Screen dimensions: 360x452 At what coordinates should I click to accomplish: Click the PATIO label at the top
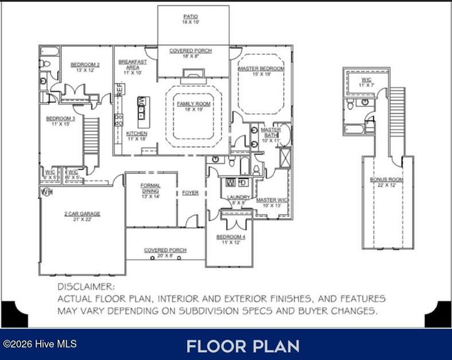tap(191, 17)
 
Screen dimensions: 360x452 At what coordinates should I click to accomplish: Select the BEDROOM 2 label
tap(85, 65)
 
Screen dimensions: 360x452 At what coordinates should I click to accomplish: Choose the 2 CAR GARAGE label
tap(82, 214)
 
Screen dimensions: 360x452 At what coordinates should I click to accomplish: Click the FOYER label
tap(190, 192)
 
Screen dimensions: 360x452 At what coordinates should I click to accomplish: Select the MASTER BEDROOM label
tap(262, 68)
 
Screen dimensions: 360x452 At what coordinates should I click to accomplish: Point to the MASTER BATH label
tap(271, 133)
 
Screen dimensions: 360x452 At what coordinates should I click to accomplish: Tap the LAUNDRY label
tap(239, 197)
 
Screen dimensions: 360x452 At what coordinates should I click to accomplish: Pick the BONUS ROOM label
tap(386, 180)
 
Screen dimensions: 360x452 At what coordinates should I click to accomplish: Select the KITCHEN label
tap(136, 134)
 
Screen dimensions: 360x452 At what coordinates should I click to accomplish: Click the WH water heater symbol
tap(46, 191)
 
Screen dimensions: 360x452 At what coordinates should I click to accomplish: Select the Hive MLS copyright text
tap(32, 344)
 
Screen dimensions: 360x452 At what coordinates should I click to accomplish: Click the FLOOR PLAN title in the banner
tap(242, 346)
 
